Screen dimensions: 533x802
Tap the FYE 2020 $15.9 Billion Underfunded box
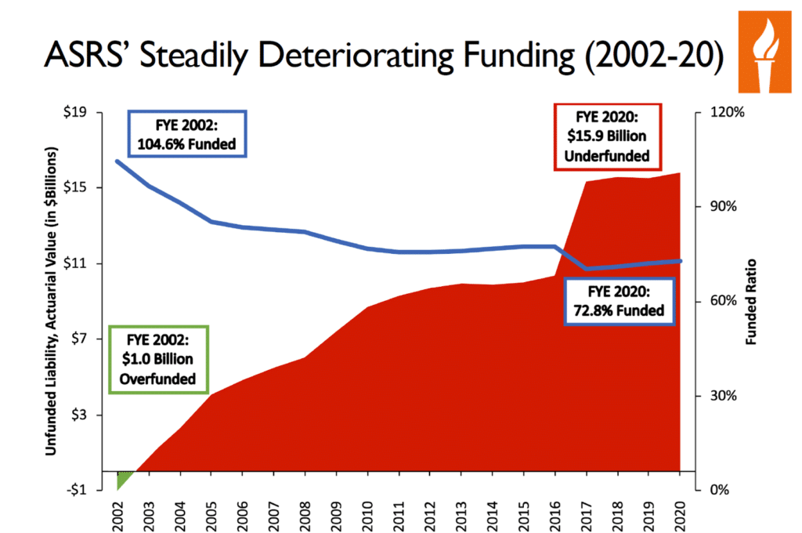pyautogui.click(x=608, y=136)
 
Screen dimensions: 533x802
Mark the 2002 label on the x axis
pyautogui.click(x=117, y=513)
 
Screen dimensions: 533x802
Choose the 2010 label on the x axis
pyautogui.click(x=367, y=513)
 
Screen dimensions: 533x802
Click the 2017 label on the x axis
pyautogui.click(x=586, y=513)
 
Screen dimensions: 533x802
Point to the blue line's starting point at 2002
pyautogui.click(x=117, y=161)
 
